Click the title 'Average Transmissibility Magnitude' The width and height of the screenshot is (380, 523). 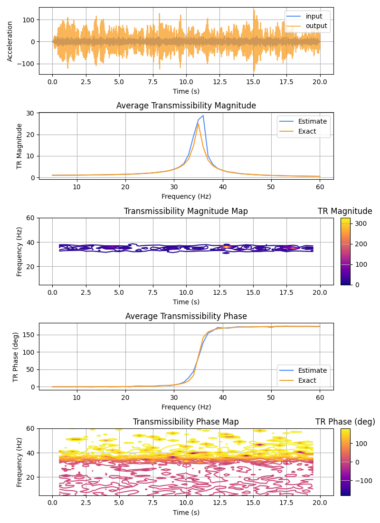tap(186, 106)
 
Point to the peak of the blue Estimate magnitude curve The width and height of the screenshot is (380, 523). tap(203, 116)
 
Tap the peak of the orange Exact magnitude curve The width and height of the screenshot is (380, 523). tap(199, 124)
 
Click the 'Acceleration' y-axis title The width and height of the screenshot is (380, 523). tap(9, 41)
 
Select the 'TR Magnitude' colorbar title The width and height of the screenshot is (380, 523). tap(345, 211)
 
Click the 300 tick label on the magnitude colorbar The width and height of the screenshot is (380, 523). tap(361, 223)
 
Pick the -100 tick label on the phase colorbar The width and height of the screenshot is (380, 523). tap(363, 481)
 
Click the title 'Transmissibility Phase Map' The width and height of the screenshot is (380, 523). tap(186, 422)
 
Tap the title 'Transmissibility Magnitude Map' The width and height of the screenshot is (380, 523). tap(186, 211)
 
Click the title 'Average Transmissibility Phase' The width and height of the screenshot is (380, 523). tap(186, 316)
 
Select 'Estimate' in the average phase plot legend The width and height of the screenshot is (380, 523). tap(313, 370)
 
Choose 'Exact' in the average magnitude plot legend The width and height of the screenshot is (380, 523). tap(307, 131)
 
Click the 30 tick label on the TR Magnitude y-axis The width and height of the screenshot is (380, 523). tap(31, 113)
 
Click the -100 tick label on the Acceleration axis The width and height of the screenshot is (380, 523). tap(26, 64)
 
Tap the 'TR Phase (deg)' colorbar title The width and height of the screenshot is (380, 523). tap(345, 422)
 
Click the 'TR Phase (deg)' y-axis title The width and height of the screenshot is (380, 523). tap(16, 357)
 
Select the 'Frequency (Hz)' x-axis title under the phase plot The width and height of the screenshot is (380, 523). tap(186, 407)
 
